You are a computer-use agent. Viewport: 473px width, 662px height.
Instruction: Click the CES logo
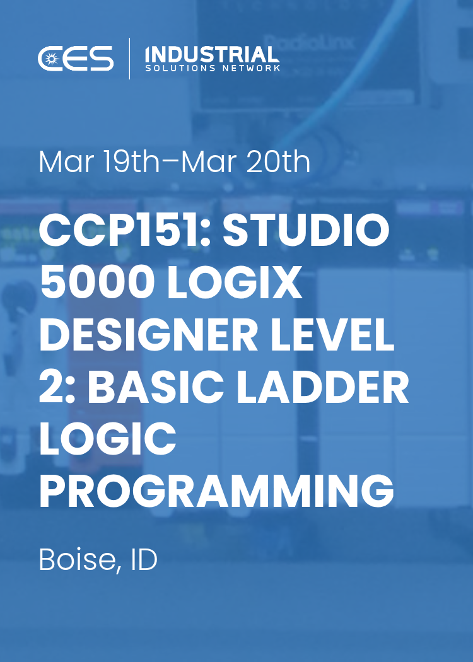click(76, 59)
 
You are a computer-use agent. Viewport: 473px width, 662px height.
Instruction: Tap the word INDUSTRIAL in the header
click(212, 54)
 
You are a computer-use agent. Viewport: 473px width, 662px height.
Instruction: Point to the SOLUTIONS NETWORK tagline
click(212, 68)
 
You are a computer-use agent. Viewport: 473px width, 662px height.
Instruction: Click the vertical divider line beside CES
click(129, 59)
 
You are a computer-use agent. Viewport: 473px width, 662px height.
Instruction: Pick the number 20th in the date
click(279, 162)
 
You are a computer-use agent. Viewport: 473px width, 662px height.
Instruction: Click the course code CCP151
click(120, 231)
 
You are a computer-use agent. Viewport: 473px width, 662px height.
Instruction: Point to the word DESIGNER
click(148, 336)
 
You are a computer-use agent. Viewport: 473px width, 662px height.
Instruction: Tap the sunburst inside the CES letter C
click(50, 59)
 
